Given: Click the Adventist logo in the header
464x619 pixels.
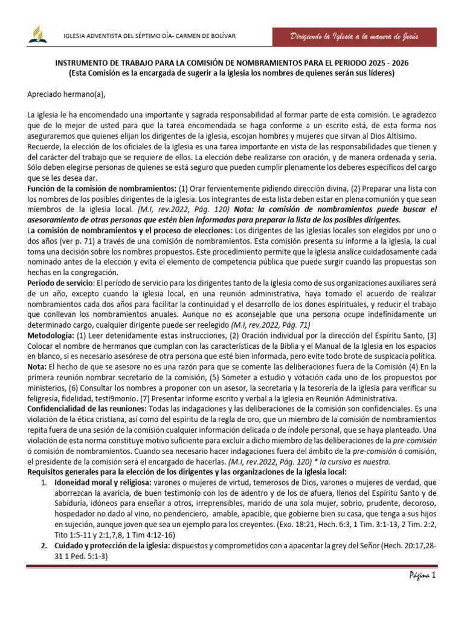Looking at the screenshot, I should [37, 37].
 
